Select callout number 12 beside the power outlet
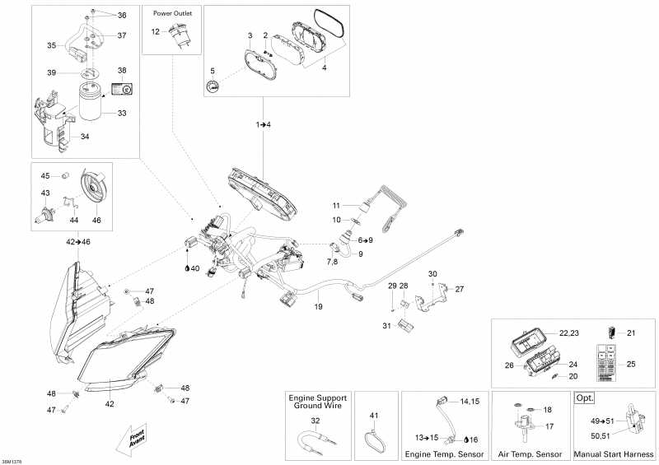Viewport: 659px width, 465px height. (155, 31)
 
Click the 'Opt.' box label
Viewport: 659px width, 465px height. (585, 398)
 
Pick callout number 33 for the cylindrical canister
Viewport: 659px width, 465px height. (121, 113)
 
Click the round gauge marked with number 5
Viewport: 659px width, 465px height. (213, 88)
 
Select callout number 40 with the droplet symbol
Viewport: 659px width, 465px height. (194, 267)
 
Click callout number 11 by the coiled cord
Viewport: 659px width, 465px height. (335, 205)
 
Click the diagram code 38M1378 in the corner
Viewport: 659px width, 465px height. (12, 461)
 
